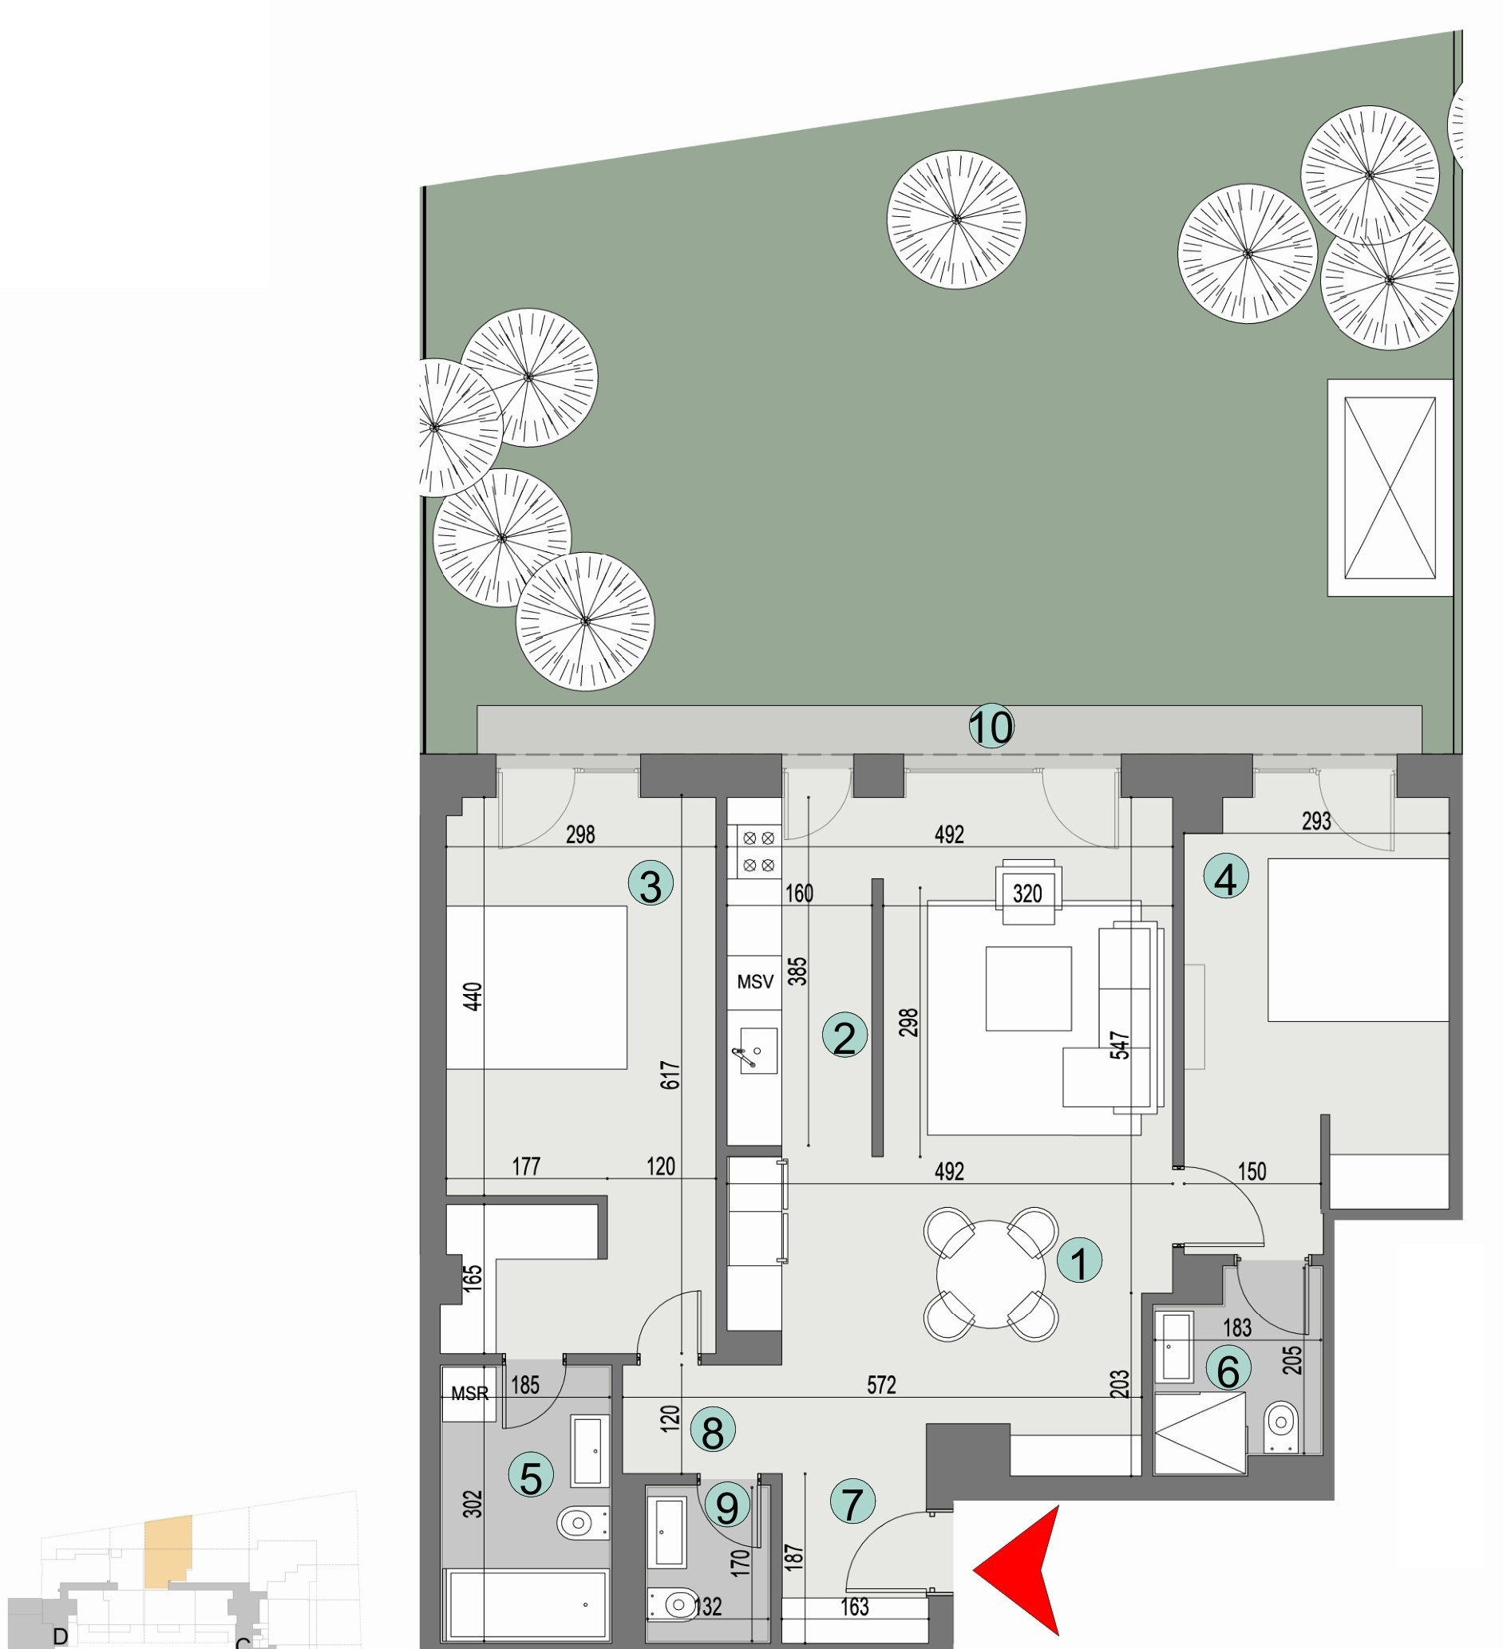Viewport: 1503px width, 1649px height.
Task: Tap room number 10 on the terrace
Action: (x=991, y=726)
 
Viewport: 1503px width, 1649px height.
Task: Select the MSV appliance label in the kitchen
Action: (x=754, y=981)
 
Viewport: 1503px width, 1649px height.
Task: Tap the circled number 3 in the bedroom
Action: (x=651, y=885)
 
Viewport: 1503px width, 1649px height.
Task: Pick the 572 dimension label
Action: (x=881, y=1385)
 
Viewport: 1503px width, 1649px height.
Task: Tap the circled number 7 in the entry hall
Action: (x=852, y=1503)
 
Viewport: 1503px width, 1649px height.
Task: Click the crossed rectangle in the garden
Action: (x=1390, y=487)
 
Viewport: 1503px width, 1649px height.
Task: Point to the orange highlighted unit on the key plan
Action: (x=168, y=1551)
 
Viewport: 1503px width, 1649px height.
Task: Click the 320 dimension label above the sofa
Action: (x=1026, y=894)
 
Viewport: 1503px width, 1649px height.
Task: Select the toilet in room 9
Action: (x=673, y=1606)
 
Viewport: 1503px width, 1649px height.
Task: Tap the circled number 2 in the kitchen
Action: (x=844, y=1036)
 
